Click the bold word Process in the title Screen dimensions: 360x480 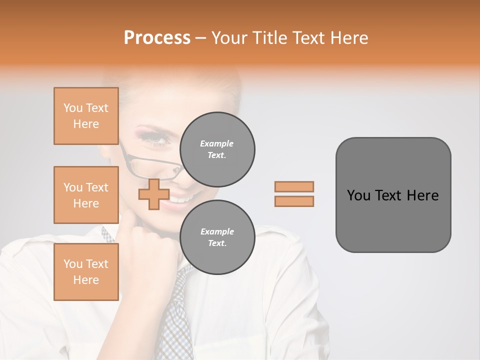[x=157, y=38]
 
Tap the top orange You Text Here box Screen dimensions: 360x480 [x=86, y=116]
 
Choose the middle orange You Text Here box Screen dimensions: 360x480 [x=86, y=195]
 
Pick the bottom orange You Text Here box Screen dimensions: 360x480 [x=86, y=272]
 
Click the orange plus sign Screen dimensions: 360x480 [x=153, y=194]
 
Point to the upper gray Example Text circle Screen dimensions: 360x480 [x=217, y=149]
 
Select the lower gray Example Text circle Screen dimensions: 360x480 [x=217, y=237]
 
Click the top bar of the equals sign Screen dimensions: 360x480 [x=294, y=186]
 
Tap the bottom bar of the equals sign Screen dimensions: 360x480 [x=294, y=201]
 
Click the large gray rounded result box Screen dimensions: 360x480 [x=393, y=195]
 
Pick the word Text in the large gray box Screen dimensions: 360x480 [x=389, y=195]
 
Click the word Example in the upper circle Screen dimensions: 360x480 [x=217, y=144]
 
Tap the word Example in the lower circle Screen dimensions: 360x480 [x=217, y=232]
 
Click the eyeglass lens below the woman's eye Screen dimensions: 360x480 [x=150, y=162]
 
